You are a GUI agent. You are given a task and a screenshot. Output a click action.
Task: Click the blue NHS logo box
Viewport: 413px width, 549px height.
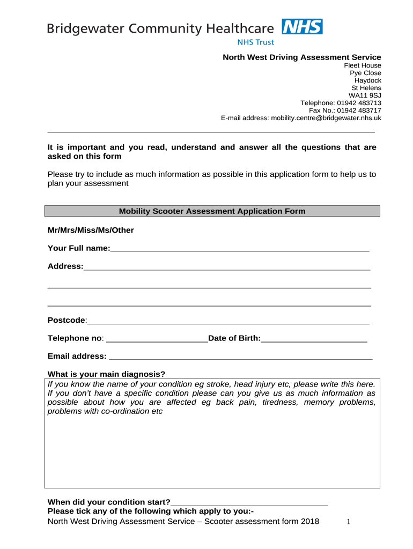303,27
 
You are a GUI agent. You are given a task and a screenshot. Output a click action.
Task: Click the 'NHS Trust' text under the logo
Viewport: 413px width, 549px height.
255,42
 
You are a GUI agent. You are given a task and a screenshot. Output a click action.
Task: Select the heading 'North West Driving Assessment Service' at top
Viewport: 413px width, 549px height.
302,57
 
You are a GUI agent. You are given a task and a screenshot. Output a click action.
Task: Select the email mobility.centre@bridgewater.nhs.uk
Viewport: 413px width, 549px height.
326,118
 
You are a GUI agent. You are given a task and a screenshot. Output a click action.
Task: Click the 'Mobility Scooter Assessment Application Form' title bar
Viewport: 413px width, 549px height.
212,211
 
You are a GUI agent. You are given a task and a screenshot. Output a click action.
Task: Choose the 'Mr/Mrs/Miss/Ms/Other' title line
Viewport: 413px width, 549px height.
91,231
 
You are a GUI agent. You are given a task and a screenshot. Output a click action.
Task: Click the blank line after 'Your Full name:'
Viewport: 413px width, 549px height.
240,249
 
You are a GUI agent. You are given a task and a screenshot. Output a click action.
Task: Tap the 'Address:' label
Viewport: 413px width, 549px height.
65,266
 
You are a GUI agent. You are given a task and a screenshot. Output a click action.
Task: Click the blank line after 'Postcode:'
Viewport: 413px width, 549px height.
228,321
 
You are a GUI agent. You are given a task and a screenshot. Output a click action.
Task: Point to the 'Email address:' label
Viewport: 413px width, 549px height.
77,357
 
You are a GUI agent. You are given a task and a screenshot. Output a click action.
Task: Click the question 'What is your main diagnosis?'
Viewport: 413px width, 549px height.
106,374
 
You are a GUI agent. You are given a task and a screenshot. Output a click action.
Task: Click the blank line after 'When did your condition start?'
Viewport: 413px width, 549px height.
249,503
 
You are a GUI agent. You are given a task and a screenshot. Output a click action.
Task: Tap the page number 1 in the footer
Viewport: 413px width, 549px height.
349,522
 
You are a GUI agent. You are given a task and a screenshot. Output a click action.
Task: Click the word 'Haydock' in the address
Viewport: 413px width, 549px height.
367,80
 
